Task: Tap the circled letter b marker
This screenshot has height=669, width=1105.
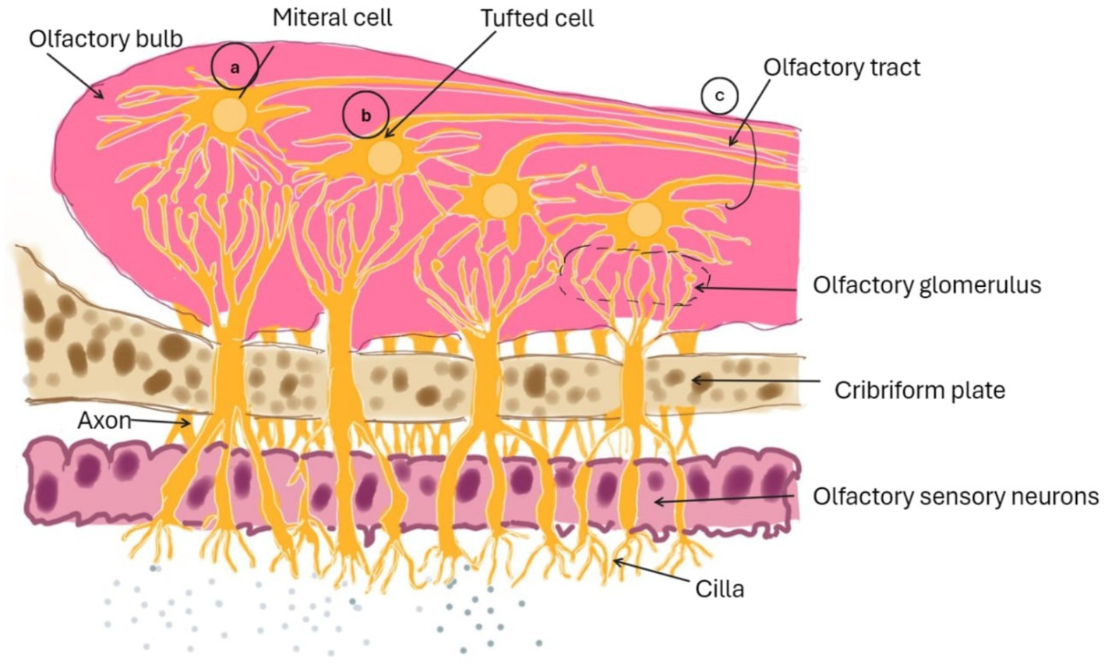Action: coord(365,115)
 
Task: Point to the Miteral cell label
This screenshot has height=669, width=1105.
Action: coord(332,18)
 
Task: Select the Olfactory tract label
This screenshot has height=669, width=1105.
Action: coord(842,67)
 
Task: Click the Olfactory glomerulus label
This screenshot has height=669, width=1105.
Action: coord(927,285)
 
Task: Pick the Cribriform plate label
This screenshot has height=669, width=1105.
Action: coord(920,389)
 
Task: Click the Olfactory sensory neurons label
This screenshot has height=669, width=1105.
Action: coord(955,496)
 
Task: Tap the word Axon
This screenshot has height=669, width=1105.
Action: coord(104,421)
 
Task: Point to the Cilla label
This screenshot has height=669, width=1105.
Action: coord(719,589)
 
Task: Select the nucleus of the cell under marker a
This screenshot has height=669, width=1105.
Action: coord(230,115)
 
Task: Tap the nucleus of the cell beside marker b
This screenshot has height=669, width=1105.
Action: coord(384,158)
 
